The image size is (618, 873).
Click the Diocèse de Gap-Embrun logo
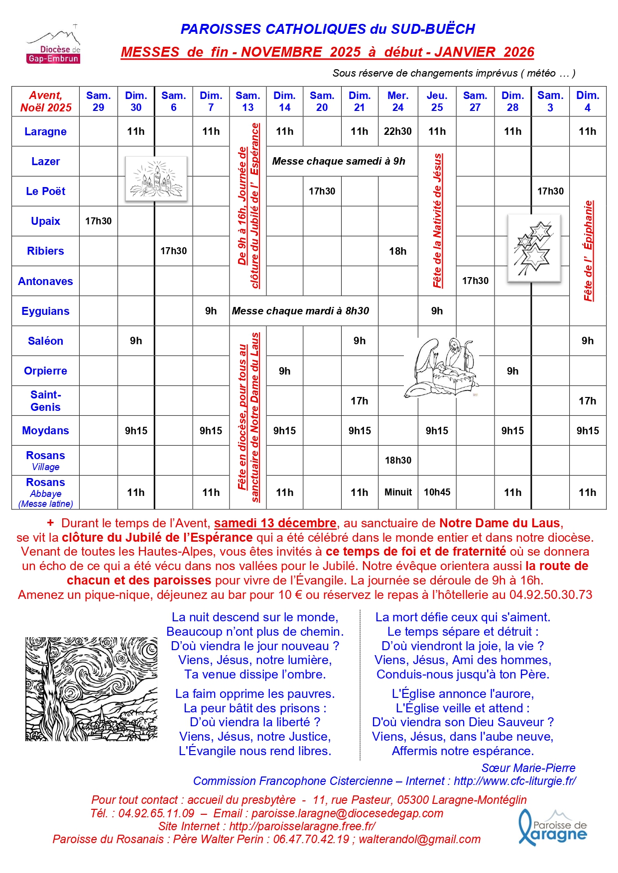(53, 46)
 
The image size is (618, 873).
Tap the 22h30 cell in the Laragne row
(397, 131)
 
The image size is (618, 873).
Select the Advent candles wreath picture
(156, 179)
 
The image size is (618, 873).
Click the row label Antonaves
(45, 281)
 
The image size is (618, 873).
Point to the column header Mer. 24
(397, 101)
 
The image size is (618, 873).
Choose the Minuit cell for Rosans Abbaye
(398, 492)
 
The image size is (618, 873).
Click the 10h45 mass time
(437, 492)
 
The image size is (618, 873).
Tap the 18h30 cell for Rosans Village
(398, 460)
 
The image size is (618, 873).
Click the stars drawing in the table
(533, 248)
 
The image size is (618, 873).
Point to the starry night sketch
(91, 689)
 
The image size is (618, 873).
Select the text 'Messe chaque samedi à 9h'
(339, 161)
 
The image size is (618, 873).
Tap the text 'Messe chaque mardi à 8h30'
(300, 311)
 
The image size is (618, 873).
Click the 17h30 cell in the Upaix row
(98, 221)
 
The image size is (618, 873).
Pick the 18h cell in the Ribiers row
(397, 251)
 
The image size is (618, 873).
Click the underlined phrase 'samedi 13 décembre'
(275, 523)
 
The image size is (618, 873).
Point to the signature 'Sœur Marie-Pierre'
(528, 768)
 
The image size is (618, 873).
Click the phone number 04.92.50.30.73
(550, 595)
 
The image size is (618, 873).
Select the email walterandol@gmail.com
(419, 839)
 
